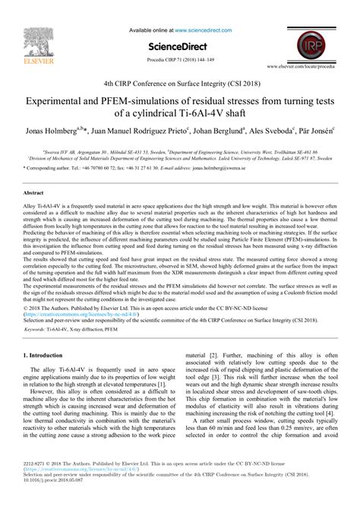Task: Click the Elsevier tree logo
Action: pyautogui.click(x=33, y=27)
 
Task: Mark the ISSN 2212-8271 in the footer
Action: pyautogui.click(x=35, y=485)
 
